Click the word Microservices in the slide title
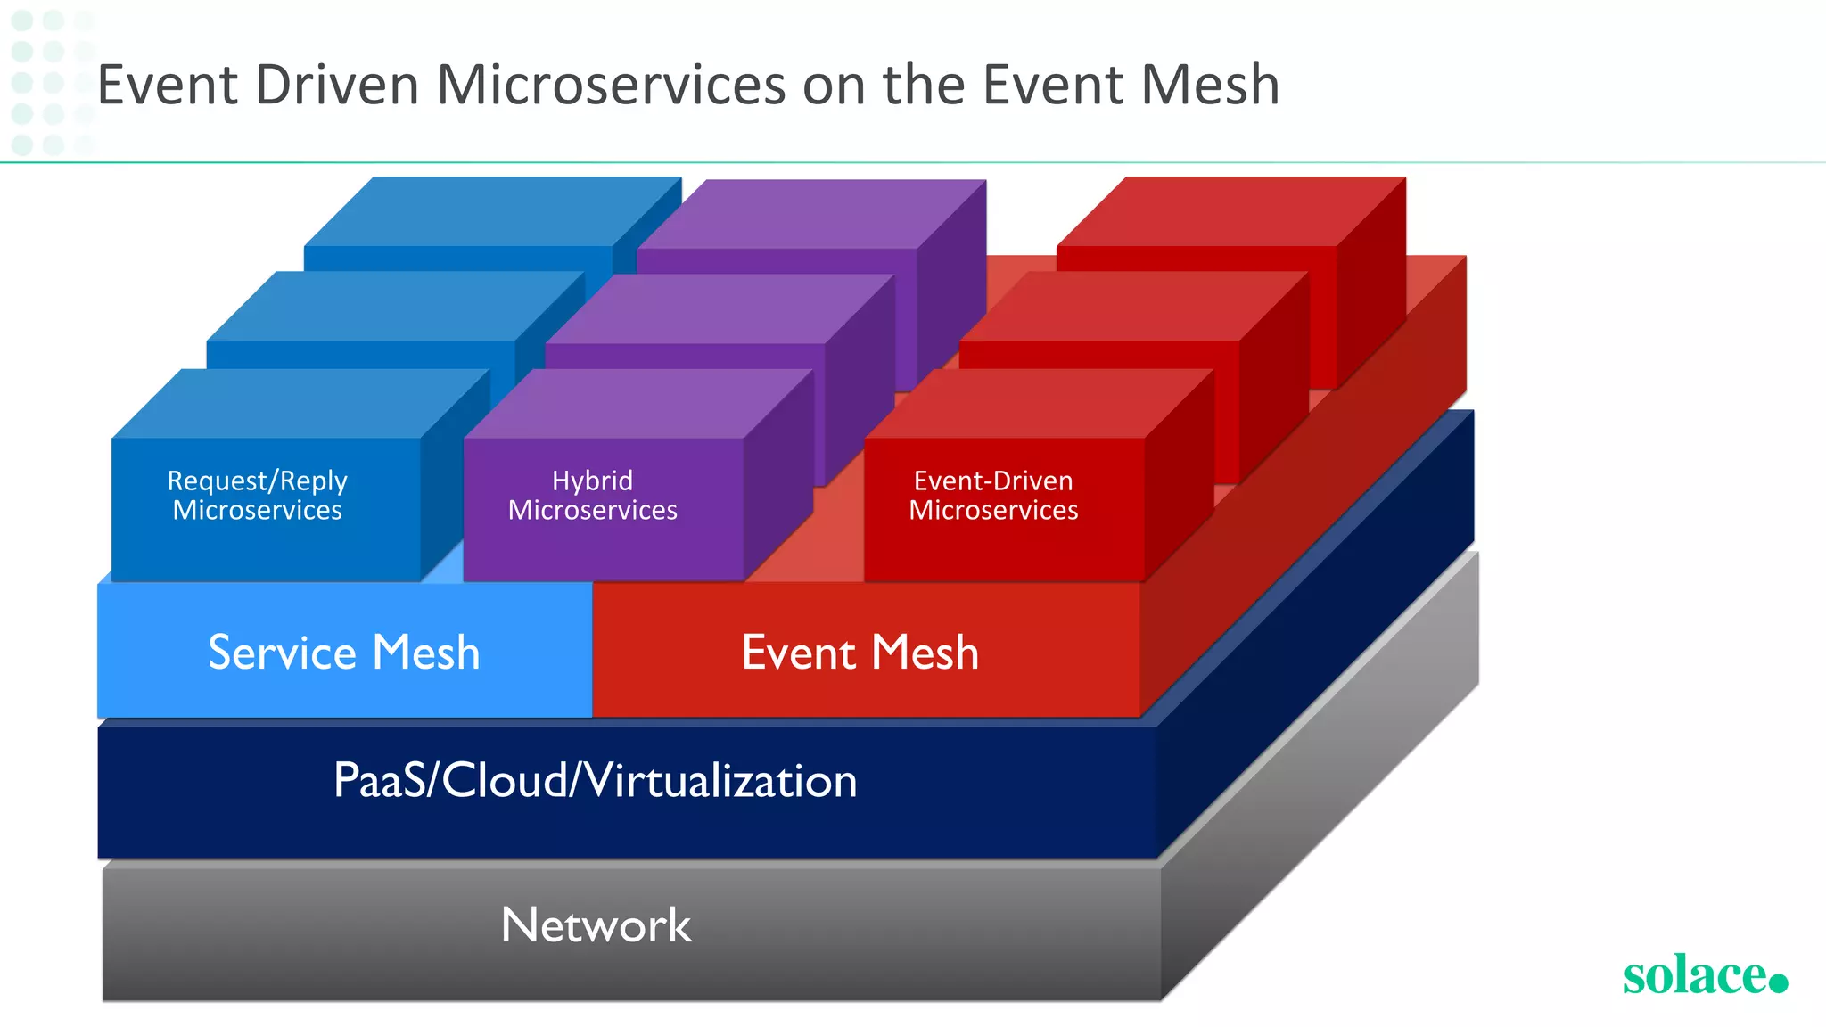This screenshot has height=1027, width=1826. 611,86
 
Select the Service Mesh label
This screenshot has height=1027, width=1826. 344,653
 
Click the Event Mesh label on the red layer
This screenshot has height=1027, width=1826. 860,653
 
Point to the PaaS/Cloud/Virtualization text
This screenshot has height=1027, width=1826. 595,781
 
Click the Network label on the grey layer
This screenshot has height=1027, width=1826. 596,925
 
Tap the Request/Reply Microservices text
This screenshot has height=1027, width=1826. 258,496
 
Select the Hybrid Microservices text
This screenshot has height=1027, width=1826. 593,496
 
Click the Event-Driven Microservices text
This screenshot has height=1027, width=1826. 993,496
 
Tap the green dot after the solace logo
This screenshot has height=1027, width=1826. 1778,982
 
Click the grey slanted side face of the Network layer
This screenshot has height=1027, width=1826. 1320,802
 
